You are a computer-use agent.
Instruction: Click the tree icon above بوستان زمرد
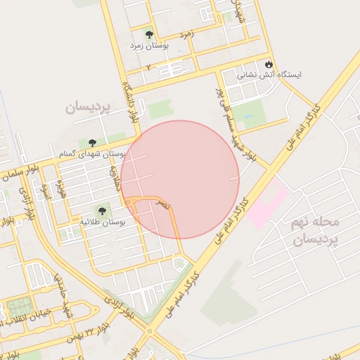coord(148,34)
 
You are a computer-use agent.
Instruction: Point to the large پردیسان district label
coord(89,107)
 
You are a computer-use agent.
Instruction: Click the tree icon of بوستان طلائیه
coord(103,210)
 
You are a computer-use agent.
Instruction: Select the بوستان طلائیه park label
coord(103,221)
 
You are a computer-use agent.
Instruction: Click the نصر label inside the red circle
coord(163,205)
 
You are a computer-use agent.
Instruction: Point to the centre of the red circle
coord(180,179)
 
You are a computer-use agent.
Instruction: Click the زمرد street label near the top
coord(186,33)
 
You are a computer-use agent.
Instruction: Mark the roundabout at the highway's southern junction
coord(148,331)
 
